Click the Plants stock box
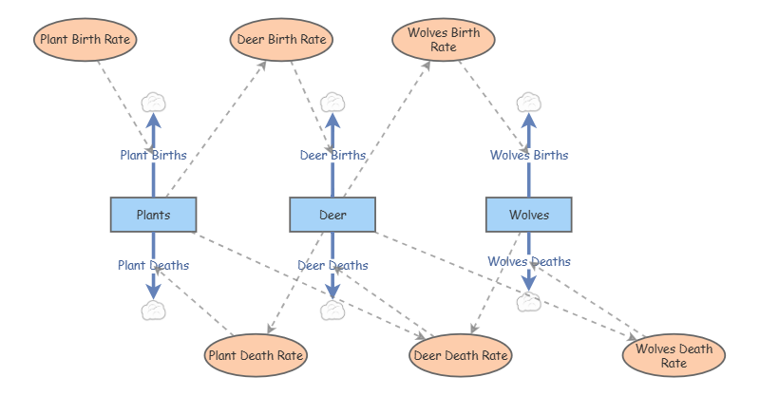(153, 215)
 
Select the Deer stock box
(332, 215)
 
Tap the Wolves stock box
(529, 215)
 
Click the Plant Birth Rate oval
(85, 40)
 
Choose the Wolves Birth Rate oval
(444, 40)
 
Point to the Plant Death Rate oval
(256, 356)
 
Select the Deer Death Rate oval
(462, 356)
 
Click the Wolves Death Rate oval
(674, 356)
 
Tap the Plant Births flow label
(153, 155)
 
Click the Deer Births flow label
(332, 155)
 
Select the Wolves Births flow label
(529, 155)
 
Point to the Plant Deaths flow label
(153, 265)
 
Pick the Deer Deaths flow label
(332, 265)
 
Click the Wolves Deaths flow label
(529, 261)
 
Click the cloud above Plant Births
(153, 102)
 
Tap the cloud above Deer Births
(332, 102)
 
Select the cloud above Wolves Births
(528, 102)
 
